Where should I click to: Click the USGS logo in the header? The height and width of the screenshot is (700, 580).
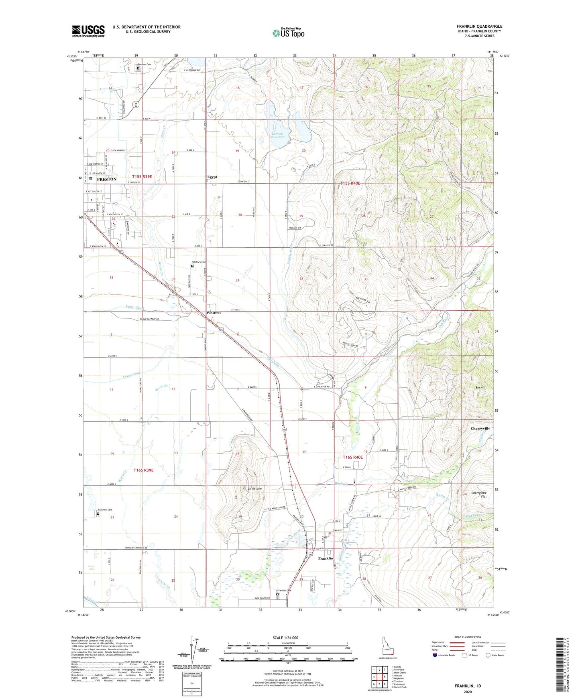coord(88,31)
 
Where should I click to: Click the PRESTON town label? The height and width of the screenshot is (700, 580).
coord(106,179)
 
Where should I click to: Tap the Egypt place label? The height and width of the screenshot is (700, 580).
coord(212,177)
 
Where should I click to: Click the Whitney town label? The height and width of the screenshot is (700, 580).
coord(214,312)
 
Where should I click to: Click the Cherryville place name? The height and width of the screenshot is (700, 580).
coord(480,428)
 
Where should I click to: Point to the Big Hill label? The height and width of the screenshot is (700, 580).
coord(480,388)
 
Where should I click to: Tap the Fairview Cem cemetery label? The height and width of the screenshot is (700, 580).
coord(104,510)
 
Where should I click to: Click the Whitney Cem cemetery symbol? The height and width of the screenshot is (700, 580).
coord(192,266)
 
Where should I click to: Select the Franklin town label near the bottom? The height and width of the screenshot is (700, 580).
coord(326,558)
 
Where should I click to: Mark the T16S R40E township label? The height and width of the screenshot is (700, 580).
coord(352,457)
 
